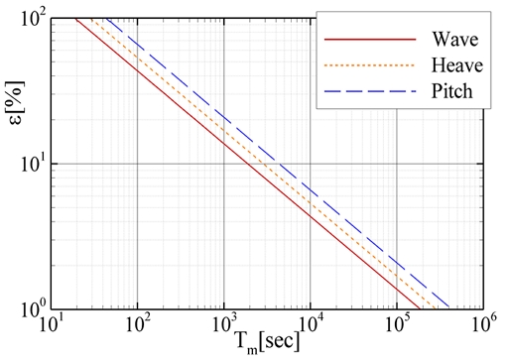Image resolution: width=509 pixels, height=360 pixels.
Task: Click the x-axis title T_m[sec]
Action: [x=270, y=344]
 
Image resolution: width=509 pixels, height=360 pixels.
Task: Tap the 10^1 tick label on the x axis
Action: [x=52, y=326]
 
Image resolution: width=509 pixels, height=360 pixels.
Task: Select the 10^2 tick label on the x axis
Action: [x=138, y=326]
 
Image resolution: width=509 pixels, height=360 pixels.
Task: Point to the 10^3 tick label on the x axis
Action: [x=224, y=326]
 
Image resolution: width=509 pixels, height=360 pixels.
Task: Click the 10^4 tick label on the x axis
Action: [x=311, y=326]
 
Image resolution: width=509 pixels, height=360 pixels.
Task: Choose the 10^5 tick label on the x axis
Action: [x=397, y=326]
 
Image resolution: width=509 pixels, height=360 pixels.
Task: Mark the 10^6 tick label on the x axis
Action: [x=483, y=326]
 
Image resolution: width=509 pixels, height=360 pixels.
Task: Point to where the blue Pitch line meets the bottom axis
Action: [x=448, y=308]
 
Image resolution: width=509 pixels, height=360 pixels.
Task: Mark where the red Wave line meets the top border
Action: [x=76, y=19]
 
